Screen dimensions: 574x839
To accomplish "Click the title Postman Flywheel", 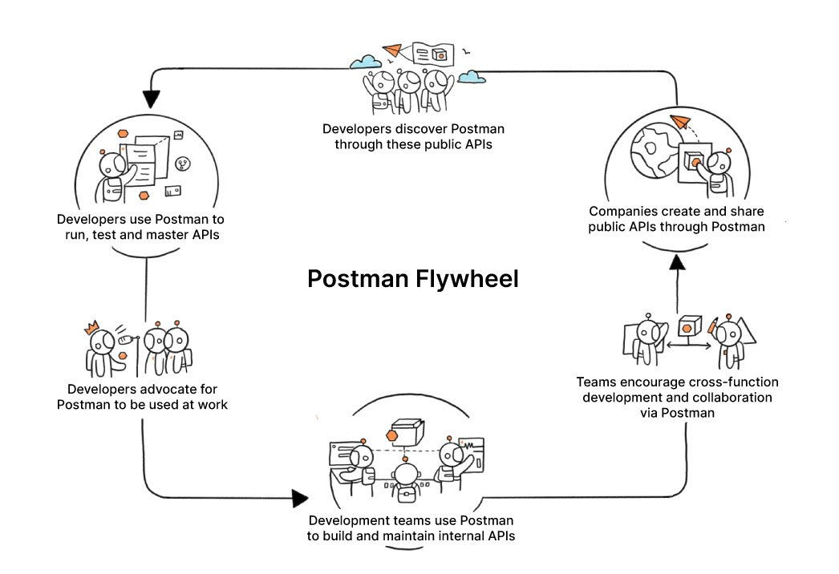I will click(413, 279).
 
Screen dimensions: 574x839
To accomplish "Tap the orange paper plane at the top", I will click(392, 51).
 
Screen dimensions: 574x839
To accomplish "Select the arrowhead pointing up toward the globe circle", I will click(678, 262).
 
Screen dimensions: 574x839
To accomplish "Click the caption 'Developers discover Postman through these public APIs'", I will click(413, 136).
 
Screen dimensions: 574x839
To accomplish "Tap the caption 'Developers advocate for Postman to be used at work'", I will click(142, 396).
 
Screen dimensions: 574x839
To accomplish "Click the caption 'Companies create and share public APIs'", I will click(676, 219).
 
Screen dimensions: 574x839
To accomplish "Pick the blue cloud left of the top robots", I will click(365, 62).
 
